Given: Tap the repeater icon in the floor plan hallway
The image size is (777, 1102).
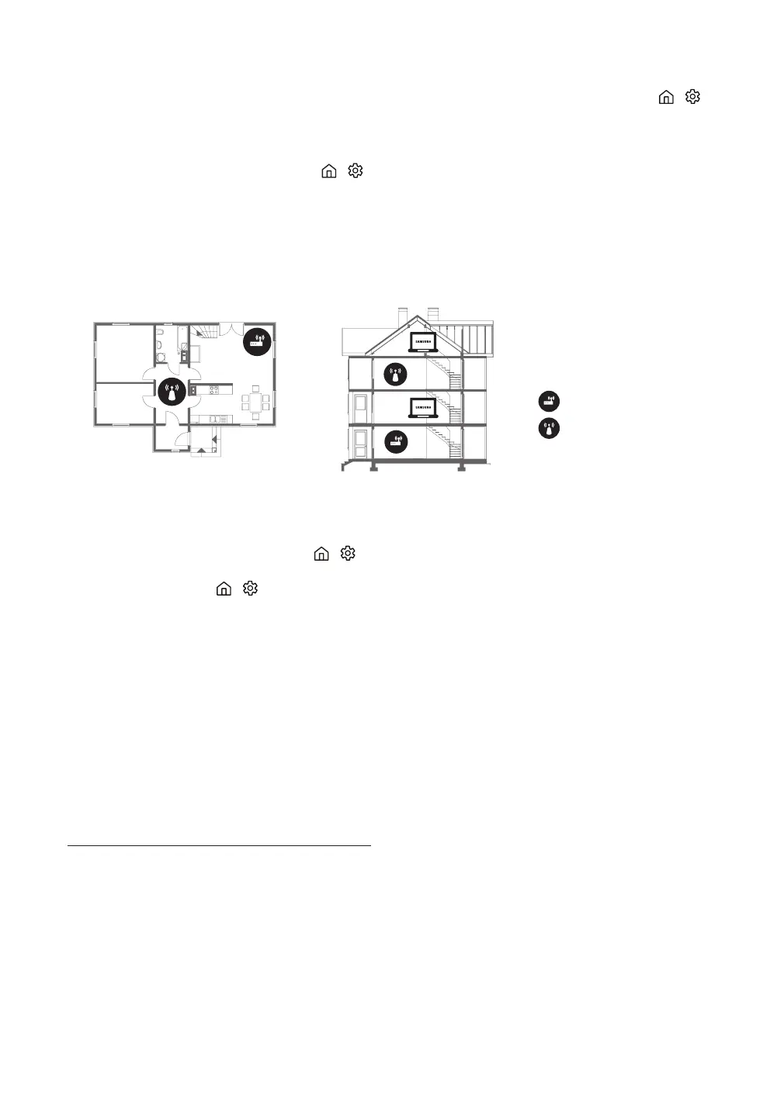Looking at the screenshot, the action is click(172, 392).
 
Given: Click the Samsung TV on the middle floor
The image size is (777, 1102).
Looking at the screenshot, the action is click(423, 409).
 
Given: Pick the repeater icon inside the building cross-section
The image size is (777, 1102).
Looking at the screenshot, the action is click(396, 375).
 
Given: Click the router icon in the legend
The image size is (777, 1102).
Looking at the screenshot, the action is click(549, 402).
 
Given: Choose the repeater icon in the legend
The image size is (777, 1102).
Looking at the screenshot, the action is click(549, 428).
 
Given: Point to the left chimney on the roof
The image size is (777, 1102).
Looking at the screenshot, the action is click(401, 316).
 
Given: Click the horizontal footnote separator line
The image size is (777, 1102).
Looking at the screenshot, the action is click(220, 845).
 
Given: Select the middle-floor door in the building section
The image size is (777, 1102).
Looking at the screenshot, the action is click(360, 408).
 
